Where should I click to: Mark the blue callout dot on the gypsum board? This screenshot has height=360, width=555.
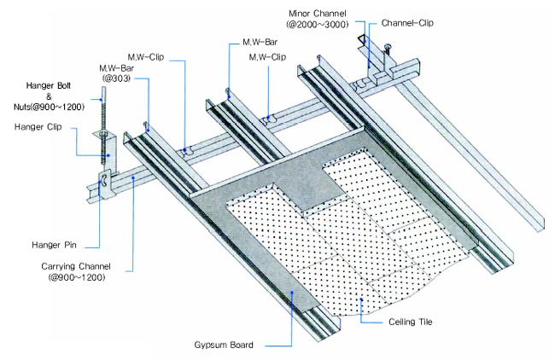(x=292, y=293)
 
